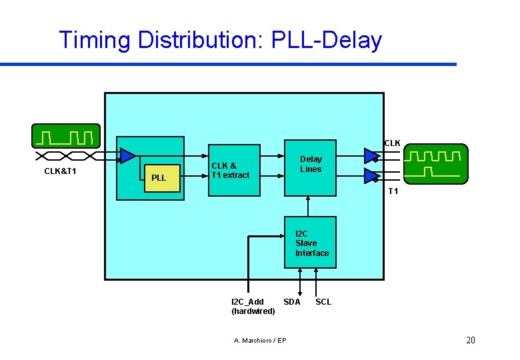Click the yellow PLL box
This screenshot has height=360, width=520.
click(x=163, y=178)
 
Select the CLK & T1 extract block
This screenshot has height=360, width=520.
click(x=233, y=170)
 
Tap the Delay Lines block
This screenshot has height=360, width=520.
click(x=310, y=167)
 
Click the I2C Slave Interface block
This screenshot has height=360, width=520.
click(x=310, y=243)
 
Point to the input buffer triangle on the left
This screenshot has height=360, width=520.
click(x=127, y=156)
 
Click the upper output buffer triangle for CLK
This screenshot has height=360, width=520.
click(x=371, y=155)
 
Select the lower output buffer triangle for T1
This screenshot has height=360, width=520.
click(x=371, y=176)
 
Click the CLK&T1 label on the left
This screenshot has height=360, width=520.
click(x=60, y=171)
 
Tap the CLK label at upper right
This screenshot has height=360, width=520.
click(x=392, y=143)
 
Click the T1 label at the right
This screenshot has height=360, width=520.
click(x=393, y=191)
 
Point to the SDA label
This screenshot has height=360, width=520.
click(x=292, y=302)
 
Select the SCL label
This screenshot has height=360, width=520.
click(x=323, y=302)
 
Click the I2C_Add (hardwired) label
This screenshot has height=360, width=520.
click(x=253, y=307)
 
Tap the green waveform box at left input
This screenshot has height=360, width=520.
click(x=66, y=136)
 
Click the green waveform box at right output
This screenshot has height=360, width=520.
click(x=433, y=163)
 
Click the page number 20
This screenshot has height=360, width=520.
click(x=470, y=341)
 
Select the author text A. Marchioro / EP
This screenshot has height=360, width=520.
click(x=260, y=341)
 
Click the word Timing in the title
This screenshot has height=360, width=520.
click(x=95, y=40)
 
